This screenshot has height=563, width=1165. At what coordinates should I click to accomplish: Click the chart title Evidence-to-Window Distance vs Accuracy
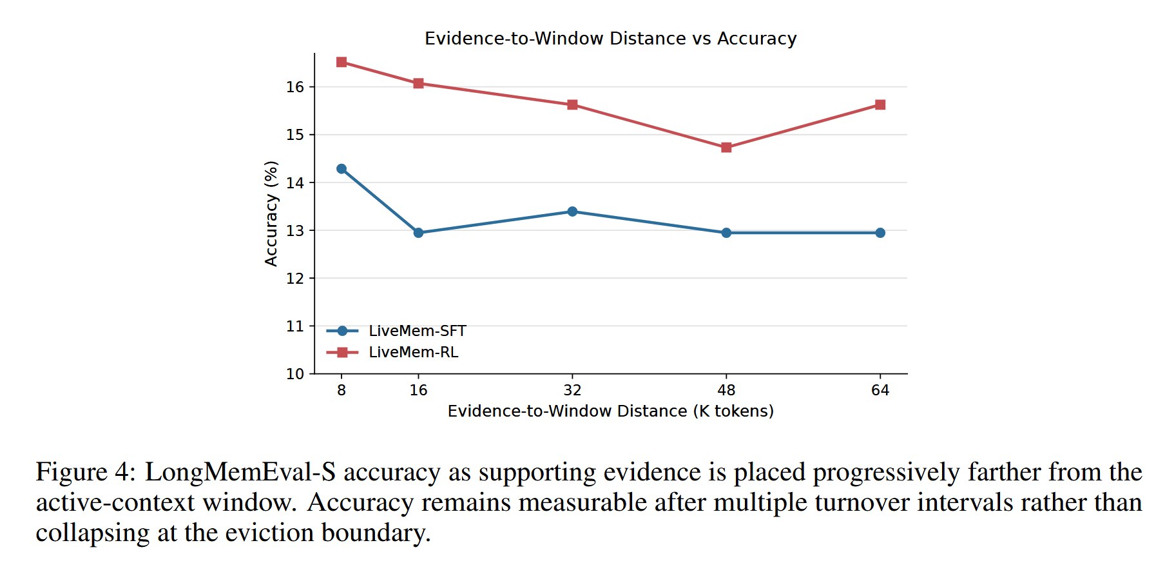(610, 39)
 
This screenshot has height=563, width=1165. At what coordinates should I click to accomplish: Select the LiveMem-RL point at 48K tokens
(726, 148)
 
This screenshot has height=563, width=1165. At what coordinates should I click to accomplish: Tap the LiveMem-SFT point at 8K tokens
(342, 169)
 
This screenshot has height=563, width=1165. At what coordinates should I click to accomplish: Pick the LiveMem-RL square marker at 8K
(342, 62)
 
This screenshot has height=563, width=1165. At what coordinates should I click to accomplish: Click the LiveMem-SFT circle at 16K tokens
(418, 233)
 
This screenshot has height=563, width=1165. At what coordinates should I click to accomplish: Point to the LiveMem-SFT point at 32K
(572, 212)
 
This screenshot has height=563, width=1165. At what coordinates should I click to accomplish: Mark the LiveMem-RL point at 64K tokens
(880, 104)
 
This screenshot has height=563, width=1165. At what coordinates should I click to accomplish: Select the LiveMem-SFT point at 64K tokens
(880, 233)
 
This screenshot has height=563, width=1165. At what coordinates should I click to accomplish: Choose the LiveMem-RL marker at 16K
(418, 83)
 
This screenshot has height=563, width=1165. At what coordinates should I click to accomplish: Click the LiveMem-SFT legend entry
(396, 331)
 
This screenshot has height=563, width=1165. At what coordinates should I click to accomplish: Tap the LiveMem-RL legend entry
(392, 352)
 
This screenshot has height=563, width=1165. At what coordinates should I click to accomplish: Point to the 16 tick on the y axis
(295, 87)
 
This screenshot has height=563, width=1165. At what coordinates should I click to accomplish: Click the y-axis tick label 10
(295, 374)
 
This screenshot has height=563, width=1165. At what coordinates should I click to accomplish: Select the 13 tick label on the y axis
(295, 231)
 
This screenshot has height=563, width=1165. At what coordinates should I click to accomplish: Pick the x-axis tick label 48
(726, 390)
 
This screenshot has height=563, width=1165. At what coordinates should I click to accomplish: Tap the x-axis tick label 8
(342, 390)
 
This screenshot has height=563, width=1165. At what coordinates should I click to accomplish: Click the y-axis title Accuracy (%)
(271, 213)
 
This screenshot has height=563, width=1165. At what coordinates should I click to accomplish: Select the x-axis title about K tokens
(611, 411)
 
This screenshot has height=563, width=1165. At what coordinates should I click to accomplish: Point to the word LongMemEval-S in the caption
(240, 472)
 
